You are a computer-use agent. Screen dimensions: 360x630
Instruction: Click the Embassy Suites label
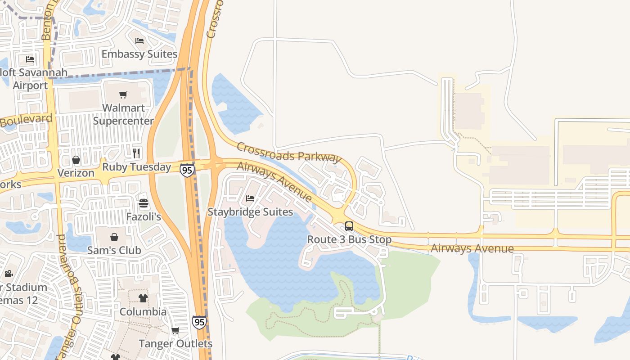coord(139,54)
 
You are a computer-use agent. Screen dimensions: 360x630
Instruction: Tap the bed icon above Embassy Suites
coord(139,41)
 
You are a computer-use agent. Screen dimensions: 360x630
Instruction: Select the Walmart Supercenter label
coord(123,114)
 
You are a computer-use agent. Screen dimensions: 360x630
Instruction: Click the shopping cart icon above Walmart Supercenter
coord(123,94)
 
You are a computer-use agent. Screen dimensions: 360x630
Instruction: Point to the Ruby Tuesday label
coord(136,167)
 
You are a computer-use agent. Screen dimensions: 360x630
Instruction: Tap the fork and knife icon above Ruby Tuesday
coord(136,153)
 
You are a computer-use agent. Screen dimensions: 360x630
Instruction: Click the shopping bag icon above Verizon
coord(76,160)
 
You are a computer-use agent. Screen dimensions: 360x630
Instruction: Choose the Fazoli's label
coord(143,217)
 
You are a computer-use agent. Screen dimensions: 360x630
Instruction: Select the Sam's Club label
coord(114,250)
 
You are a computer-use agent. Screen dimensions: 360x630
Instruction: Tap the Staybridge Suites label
coord(250,211)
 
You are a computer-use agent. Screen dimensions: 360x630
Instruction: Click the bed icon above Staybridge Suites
coord(250,198)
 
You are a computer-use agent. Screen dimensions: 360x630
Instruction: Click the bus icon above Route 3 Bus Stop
coord(349,226)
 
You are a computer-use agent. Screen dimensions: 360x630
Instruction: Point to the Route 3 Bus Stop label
coord(349,239)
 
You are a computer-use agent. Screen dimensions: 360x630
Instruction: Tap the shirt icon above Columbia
coord(143,298)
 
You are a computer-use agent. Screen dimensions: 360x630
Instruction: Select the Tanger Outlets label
coord(175,344)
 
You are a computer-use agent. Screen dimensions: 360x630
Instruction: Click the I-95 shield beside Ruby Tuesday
coord(187,170)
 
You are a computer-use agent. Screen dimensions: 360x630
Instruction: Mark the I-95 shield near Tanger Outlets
coord(199,322)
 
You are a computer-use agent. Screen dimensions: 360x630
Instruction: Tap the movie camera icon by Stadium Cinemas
coord(9,274)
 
